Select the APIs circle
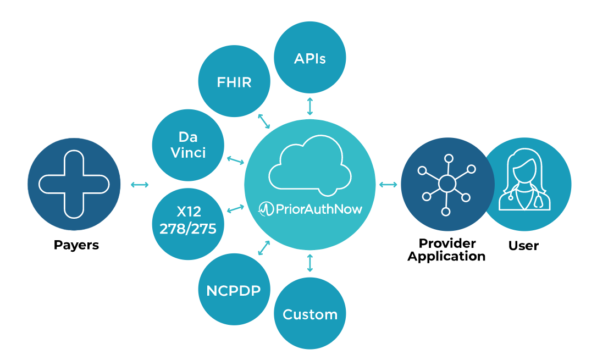310,58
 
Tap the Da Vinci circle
188,144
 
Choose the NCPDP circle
234,290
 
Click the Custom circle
310,314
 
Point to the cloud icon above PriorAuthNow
310,165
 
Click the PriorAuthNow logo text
311,209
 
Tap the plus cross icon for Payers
74,184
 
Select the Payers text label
76,245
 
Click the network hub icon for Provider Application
446,184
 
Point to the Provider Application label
446,250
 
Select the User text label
523,245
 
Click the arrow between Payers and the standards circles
140,185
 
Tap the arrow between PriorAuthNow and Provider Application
388,184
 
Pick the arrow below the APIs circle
310,106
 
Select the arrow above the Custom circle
310,263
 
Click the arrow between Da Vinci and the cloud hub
235,160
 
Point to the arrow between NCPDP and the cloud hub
264,247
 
